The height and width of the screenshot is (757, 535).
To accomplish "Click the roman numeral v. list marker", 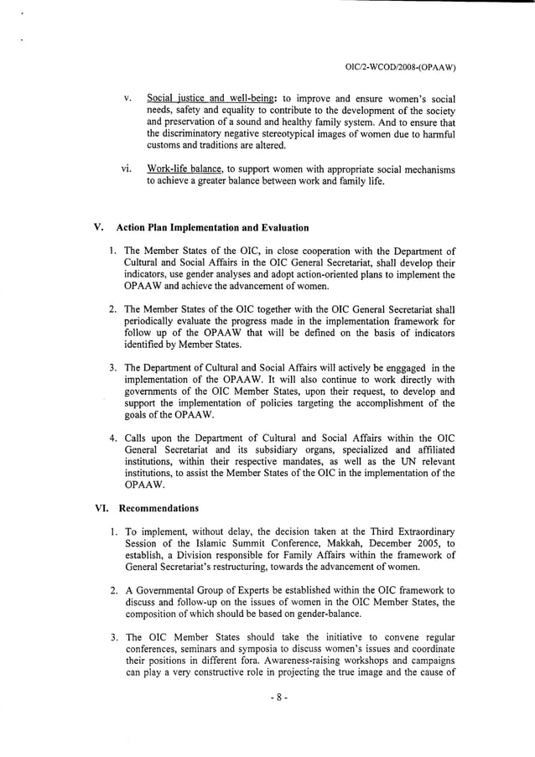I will coord(126,98).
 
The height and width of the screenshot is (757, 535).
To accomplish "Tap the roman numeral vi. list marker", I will coord(126,169).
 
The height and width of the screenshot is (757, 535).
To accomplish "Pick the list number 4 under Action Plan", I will coord(112,438).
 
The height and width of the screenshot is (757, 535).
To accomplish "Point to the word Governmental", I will coord(169,589).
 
